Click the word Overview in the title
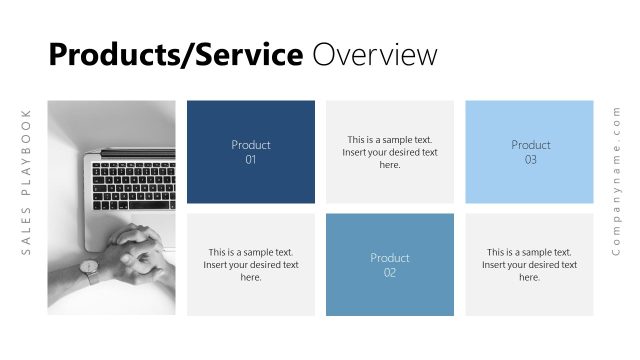point(375,54)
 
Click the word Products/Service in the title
point(175,54)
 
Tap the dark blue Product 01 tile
point(251,152)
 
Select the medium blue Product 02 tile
point(390,265)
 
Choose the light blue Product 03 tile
point(530,152)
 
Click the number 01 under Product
point(251,159)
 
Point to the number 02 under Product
point(390,272)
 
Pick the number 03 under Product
point(530,159)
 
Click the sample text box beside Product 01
point(390,152)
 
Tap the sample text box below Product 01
point(251,265)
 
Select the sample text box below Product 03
point(530,265)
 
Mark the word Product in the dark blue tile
point(251,145)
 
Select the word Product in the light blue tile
point(530,145)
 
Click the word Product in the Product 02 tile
point(390,258)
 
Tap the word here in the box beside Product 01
point(390,165)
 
